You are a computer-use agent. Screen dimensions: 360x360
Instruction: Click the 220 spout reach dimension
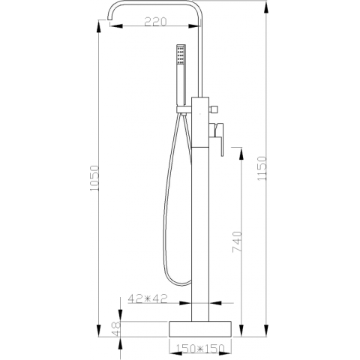coord(155,22)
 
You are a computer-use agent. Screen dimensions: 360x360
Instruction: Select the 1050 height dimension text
coord(94,178)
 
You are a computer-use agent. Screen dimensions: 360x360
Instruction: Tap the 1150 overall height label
coord(262,168)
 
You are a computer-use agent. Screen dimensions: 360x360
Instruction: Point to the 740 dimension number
coord(237,241)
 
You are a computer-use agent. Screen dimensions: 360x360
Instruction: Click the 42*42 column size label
coord(147,298)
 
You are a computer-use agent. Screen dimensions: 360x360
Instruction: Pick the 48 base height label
coord(116,328)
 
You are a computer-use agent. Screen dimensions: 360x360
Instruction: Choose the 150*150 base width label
coord(200,348)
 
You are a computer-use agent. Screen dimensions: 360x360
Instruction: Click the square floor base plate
coord(200,329)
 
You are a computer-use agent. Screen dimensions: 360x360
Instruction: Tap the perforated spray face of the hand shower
coord(179,55)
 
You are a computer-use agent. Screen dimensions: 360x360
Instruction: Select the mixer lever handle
coord(217,138)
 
